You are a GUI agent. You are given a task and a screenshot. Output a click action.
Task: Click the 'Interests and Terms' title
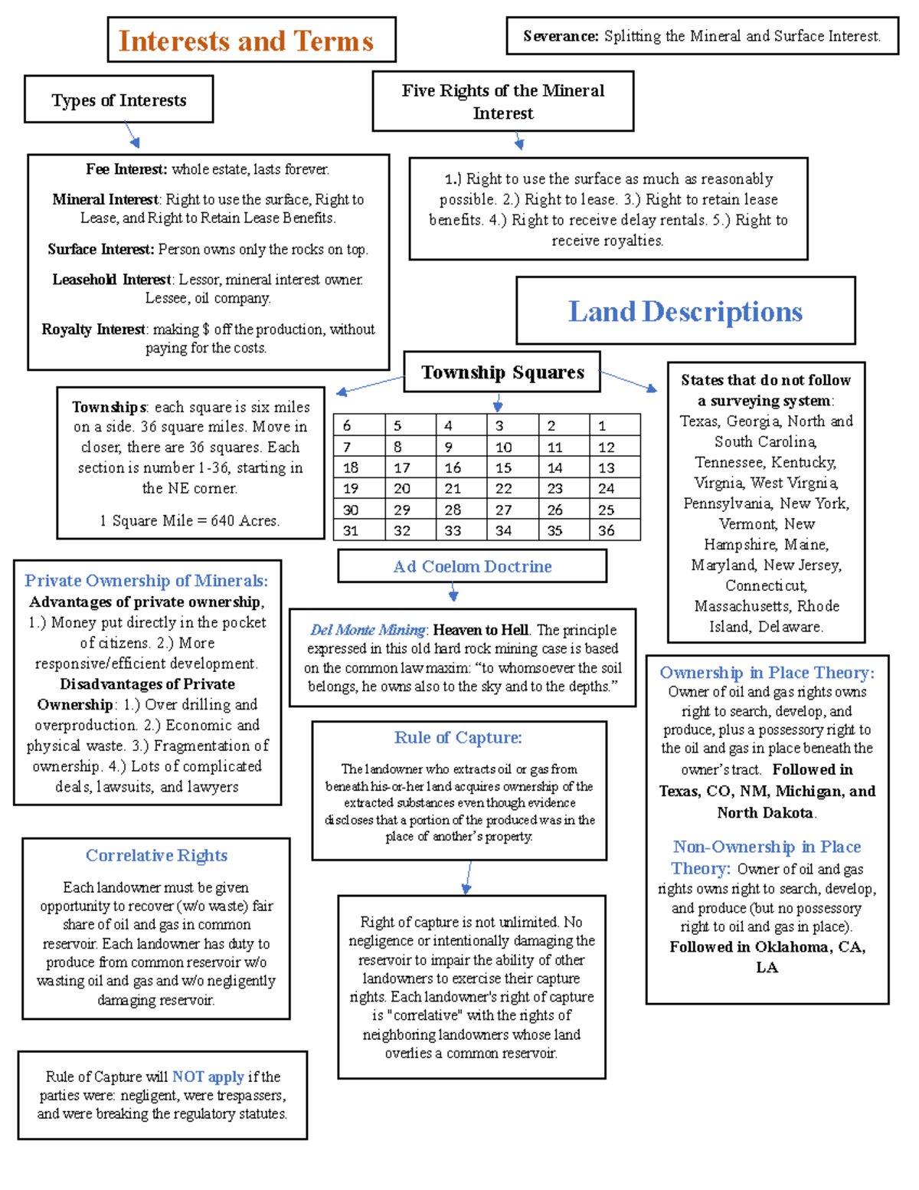point(246,41)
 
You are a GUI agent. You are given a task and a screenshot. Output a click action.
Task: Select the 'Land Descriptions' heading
point(685,312)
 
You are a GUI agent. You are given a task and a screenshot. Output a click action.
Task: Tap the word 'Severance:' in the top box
point(561,36)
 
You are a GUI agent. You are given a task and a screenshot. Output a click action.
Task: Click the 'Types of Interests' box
point(119,100)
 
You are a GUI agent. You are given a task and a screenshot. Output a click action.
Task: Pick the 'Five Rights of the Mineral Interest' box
point(502,102)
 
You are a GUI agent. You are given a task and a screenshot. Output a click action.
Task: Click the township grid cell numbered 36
point(613,530)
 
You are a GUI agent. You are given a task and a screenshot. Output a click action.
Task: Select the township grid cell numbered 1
point(613,425)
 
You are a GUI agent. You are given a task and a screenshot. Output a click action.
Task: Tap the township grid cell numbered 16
point(460,467)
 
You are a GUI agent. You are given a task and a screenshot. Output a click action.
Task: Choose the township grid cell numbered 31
point(358,530)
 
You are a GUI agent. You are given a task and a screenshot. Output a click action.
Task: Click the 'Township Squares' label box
point(502,372)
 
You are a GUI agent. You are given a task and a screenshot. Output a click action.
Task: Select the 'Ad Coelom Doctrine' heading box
point(472,566)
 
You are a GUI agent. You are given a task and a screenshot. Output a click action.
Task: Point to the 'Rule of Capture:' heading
point(458,737)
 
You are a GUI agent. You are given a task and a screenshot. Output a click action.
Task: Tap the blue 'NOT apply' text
point(208,1077)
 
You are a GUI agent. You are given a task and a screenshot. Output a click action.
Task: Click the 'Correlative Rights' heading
point(156,855)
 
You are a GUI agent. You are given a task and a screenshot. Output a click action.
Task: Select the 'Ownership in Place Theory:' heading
point(767,673)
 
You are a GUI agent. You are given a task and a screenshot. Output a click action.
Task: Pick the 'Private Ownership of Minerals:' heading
point(146,581)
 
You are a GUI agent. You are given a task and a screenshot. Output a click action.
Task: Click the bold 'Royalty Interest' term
point(93,329)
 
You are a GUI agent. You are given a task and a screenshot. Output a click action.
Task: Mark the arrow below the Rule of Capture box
point(467,878)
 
